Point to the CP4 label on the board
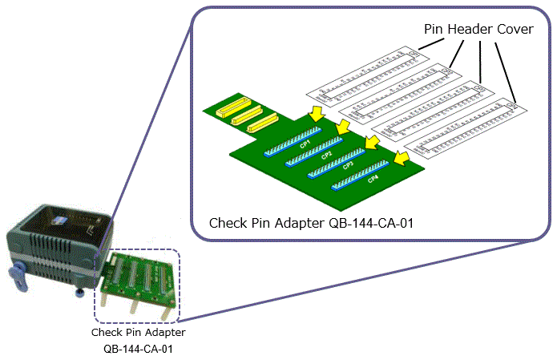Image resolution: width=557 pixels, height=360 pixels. pyautogui.click(x=373, y=179)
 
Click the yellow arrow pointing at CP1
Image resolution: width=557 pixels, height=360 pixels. pyautogui.click(x=317, y=113)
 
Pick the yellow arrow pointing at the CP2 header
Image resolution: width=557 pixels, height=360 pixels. pyautogui.click(x=344, y=127)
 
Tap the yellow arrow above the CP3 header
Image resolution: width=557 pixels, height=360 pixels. pyautogui.click(x=371, y=142)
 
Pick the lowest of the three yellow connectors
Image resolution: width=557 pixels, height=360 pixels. pyautogui.click(x=261, y=122)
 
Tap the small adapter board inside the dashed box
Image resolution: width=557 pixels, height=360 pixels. pyautogui.click(x=137, y=281)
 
